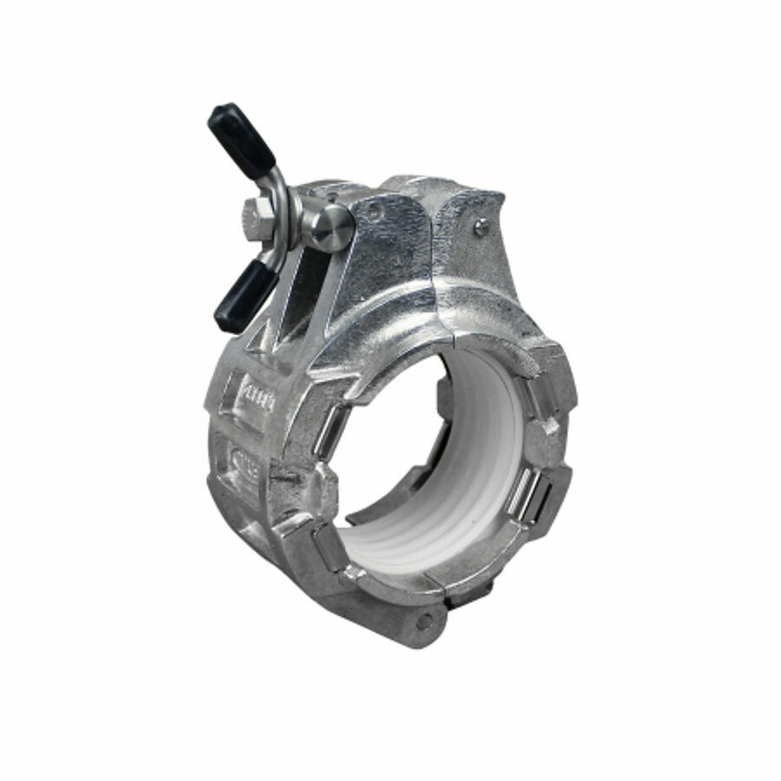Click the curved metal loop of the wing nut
(279, 195)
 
